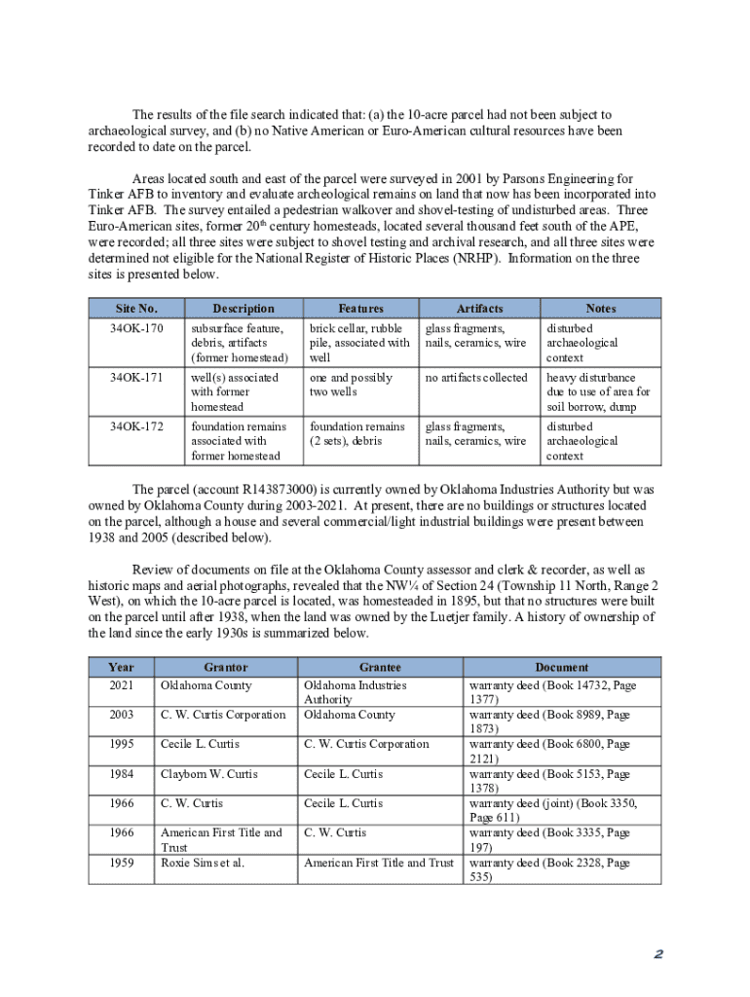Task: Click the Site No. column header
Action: click(135, 309)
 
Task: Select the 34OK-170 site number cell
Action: click(135, 329)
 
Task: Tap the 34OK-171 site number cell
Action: click(135, 378)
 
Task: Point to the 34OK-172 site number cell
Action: click(135, 427)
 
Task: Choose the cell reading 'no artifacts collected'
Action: click(476, 378)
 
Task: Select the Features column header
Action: click(360, 309)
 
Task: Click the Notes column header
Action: click(600, 309)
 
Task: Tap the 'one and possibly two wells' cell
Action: click(352, 385)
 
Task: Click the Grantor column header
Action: click(226, 668)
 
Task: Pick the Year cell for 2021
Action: click(122, 685)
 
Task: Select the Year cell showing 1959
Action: click(122, 863)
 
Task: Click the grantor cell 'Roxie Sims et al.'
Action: click(203, 863)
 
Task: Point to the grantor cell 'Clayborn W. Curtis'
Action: click(208, 774)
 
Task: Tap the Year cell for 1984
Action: click(122, 774)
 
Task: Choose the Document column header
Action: click(562, 668)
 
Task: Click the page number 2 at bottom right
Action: click(658, 955)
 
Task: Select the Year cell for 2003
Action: click(122, 715)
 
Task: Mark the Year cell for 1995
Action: click(122, 745)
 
